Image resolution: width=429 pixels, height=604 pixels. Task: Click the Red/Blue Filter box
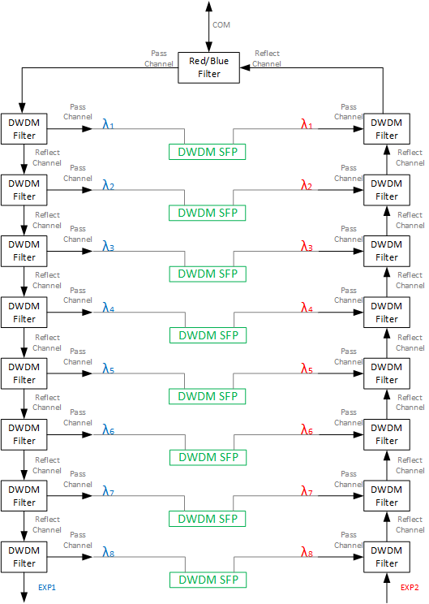208,67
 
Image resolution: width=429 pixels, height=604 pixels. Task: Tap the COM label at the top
221,25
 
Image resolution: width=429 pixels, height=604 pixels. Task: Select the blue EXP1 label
47,588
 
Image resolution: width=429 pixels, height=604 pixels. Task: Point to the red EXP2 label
410,588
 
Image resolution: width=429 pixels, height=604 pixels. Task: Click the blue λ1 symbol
108,124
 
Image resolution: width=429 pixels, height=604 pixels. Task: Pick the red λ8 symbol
307,552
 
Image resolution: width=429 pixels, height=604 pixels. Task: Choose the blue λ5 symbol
108,369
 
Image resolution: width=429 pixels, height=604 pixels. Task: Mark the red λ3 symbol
307,246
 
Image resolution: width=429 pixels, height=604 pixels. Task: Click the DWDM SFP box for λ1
208,152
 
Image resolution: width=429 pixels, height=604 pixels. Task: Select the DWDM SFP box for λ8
208,580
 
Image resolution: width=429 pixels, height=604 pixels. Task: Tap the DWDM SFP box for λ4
208,335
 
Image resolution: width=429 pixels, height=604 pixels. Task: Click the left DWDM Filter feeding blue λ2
24,190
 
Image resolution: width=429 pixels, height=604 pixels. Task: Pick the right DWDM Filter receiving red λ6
387,434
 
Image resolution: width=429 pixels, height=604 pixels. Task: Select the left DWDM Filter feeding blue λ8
24,557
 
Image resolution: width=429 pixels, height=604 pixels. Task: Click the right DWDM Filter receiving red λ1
387,129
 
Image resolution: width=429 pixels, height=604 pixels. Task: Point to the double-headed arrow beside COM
208,27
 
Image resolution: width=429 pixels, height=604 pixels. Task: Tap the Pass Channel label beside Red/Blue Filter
159,58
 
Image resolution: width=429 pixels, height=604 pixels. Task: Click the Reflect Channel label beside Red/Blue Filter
267,58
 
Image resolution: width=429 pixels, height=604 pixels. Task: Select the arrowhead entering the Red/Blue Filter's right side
245,67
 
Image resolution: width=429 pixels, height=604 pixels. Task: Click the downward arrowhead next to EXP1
24,597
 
